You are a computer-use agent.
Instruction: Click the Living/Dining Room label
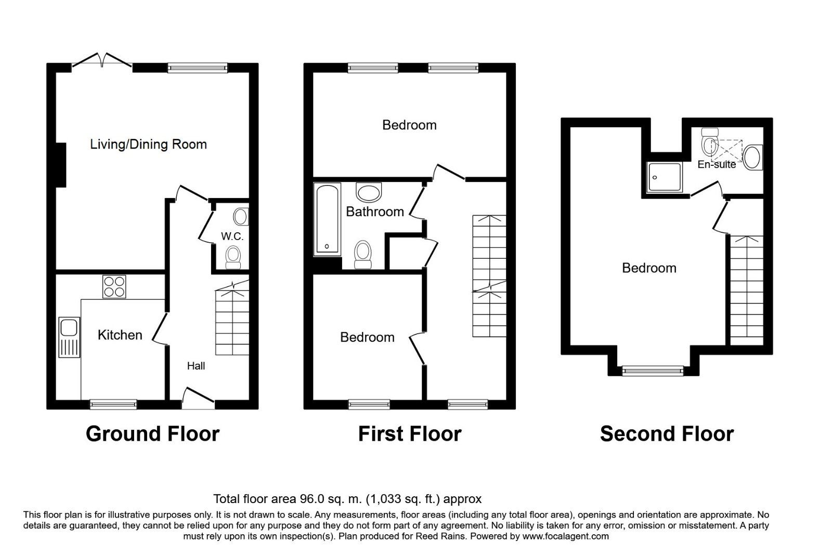pyautogui.click(x=148, y=144)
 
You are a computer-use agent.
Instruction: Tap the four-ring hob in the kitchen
pyautogui.click(x=114, y=286)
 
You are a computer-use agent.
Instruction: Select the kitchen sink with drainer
pyautogui.click(x=69, y=337)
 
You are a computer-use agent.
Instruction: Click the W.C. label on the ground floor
pyautogui.click(x=232, y=236)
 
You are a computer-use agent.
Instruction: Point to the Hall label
pyautogui.click(x=196, y=366)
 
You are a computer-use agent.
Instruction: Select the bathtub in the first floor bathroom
pyautogui.click(x=327, y=219)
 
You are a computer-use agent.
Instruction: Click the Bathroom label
pyautogui.click(x=375, y=212)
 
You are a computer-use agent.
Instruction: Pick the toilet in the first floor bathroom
pyautogui.click(x=362, y=255)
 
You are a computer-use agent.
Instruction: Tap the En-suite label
pyautogui.click(x=717, y=165)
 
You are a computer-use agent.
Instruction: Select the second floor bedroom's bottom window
pyautogui.click(x=653, y=370)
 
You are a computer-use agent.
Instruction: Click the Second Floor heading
pyautogui.click(x=667, y=433)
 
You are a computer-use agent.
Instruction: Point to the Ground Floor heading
pyautogui.click(x=152, y=433)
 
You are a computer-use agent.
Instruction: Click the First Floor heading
pyautogui.click(x=410, y=433)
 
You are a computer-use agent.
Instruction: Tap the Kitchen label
pyautogui.click(x=120, y=335)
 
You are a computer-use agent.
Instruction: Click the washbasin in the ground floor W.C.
pyautogui.click(x=241, y=216)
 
